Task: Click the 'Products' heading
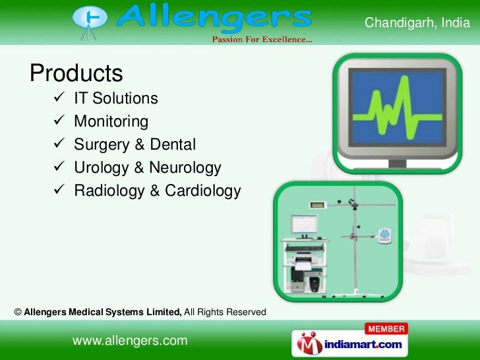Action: click(76, 73)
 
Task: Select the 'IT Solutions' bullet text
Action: click(115, 99)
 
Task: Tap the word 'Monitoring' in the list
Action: click(111, 122)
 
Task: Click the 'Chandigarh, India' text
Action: click(417, 24)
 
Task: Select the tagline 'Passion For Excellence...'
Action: click(262, 40)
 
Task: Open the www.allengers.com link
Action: click(130, 340)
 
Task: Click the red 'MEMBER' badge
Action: click(386, 328)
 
